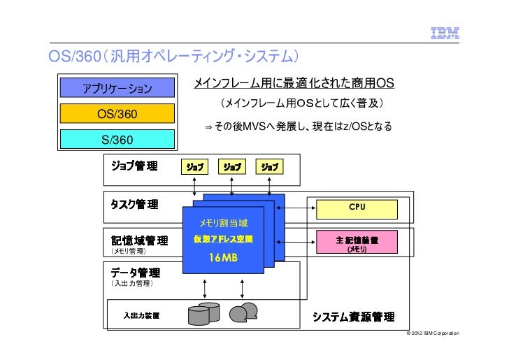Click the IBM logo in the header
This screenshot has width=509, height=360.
(443, 32)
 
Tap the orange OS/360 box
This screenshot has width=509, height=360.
(117, 113)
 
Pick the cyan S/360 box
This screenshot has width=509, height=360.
(117, 139)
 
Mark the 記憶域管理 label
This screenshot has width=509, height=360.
(139, 240)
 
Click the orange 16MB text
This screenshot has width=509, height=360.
(223, 258)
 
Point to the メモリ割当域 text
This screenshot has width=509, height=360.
(223, 223)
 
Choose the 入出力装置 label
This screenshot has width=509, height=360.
(141, 315)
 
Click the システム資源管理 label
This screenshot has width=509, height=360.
(353, 317)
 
